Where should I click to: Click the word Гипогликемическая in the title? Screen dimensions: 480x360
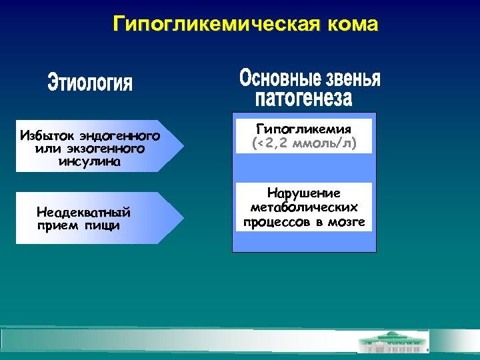[217, 25]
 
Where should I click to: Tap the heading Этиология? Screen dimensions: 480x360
[91, 84]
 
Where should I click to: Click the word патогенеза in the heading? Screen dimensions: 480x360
[304, 99]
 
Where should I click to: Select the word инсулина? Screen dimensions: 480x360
[90, 161]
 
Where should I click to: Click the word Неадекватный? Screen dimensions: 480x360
[83, 213]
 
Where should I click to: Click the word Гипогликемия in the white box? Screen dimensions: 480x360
[304, 129]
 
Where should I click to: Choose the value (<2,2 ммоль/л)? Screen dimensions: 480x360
[304, 143]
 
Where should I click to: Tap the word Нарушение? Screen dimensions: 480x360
[304, 193]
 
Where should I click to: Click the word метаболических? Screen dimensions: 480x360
[304, 207]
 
